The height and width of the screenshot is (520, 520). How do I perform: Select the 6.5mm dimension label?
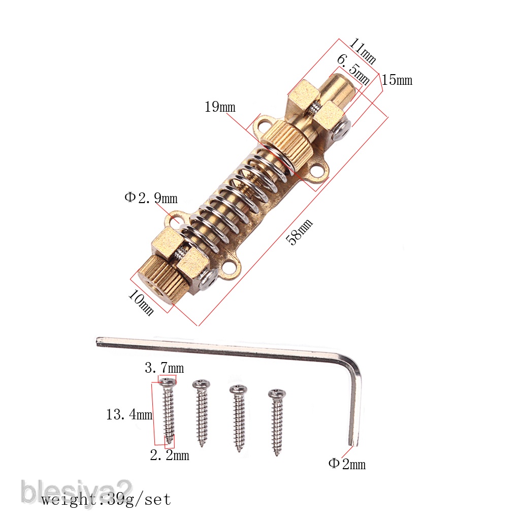point(353,71)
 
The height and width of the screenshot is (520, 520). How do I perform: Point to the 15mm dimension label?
point(397,80)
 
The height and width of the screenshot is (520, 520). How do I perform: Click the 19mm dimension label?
point(220,107)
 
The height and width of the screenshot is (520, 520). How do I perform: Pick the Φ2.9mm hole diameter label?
point(151,198)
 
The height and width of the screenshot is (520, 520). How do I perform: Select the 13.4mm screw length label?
point(129,415)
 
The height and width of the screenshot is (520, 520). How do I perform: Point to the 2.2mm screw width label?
point(169,456)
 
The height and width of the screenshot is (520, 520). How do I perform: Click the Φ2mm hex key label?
point(347,464)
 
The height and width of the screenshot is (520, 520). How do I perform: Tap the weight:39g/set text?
point(106,500)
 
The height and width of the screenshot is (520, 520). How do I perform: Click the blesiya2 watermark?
point(76,492)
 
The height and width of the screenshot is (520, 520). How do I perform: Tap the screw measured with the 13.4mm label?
point(168,411)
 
